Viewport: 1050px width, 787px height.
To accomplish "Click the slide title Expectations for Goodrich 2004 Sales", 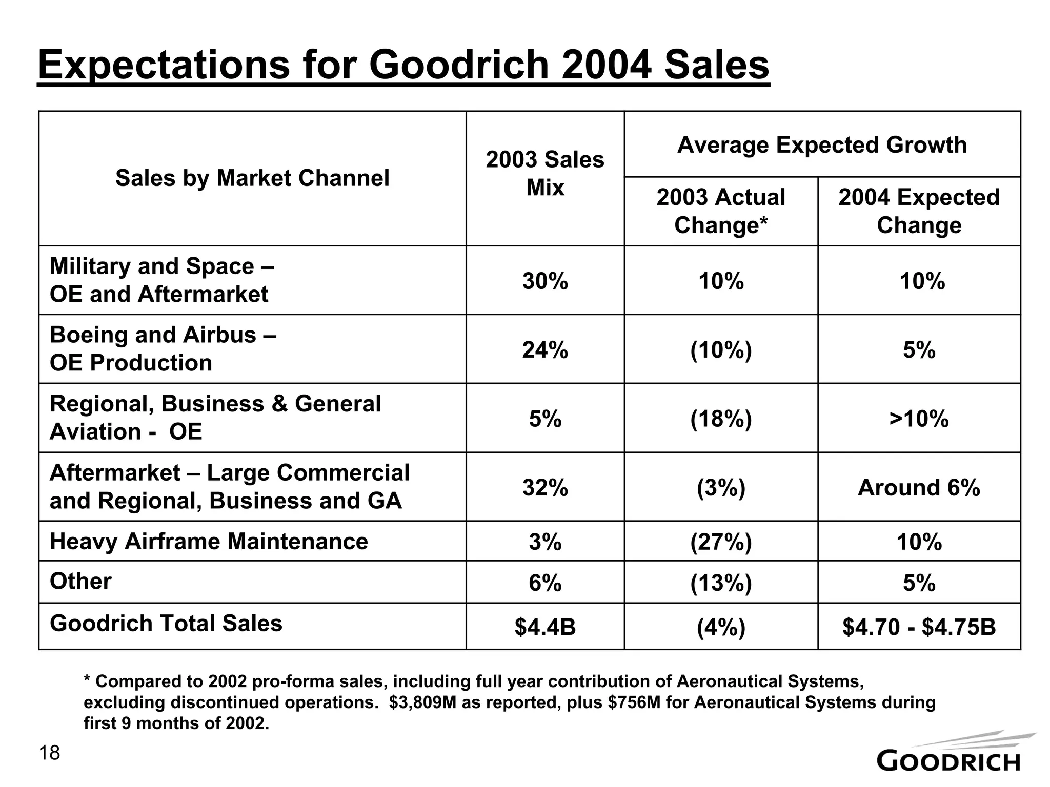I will coord(403,65).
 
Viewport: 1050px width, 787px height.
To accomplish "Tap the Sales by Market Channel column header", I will coord(252,178).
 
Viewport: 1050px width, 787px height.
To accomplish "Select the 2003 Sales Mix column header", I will coord(545,173).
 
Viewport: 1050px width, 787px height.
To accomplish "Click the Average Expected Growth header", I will coord(822,145).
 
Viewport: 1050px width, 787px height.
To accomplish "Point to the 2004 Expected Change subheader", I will coord(919,211).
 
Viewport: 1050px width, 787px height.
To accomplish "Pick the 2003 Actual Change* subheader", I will coord(720,211).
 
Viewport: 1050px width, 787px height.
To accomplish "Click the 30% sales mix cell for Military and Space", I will coord(545,281).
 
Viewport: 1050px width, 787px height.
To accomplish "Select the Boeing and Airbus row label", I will coord(163,348).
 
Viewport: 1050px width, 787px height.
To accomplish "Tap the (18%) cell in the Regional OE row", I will coord(720,419).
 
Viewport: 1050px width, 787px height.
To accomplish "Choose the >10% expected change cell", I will coord(919,419).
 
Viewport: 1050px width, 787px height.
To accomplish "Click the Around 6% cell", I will coord(919,487).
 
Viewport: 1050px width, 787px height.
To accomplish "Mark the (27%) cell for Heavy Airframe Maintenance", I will coord(720,542).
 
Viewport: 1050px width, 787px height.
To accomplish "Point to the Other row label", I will coord(80,581).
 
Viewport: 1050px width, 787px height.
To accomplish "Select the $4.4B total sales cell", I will coord(545,627).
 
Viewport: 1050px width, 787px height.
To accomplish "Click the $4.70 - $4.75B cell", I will coord(919,627).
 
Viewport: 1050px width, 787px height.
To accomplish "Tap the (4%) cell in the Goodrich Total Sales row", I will coord(720,627).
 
